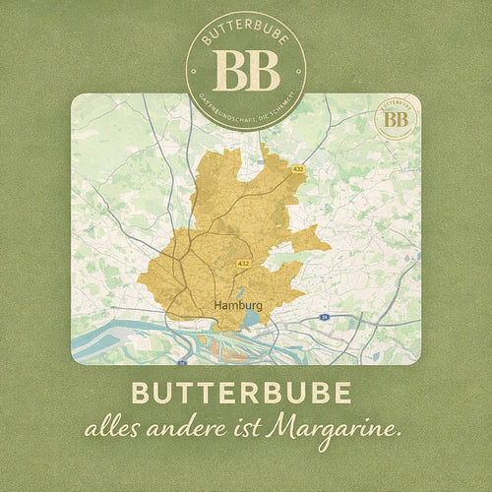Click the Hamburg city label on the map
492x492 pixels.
(236, 306)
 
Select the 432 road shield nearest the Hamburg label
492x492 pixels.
(244, 264)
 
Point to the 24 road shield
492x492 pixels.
(323, 318)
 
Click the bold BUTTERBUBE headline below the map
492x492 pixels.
(246, 394)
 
